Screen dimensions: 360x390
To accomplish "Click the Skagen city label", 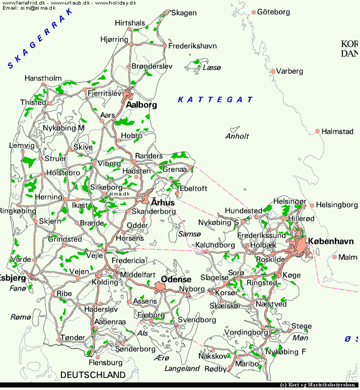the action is coord(184,13).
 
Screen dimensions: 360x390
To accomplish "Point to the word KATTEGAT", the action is coord(215,100).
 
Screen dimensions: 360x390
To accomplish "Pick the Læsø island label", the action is coord(211,67).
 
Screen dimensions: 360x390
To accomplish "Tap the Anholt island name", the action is coord(237,136).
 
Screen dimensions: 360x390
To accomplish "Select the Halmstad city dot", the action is coord(318,132).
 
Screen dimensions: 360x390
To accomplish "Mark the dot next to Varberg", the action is coord(273,72).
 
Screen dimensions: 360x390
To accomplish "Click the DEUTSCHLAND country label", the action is coord(93,375).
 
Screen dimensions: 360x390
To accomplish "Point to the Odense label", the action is coord(176,279).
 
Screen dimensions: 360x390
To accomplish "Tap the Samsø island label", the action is coord(187,234).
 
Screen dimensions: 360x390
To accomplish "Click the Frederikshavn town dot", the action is coord(164,46).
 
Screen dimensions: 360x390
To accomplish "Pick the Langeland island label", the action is coord(182,368).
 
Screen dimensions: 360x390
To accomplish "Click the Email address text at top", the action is coord(29,8).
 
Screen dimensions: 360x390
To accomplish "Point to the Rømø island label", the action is coord(21,317).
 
